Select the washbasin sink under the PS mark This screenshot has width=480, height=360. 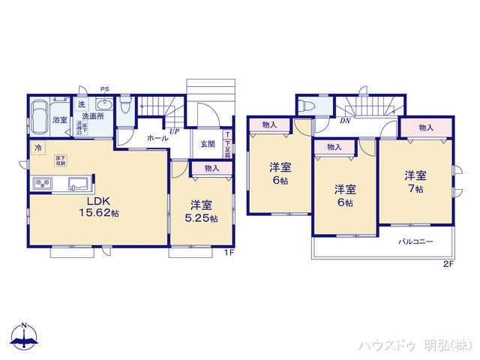point(103,106)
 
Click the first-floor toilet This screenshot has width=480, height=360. point(125,106)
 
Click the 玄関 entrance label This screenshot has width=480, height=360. point(207,144)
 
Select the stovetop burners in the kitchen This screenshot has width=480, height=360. point(41,184)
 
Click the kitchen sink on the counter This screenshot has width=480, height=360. point(77,184)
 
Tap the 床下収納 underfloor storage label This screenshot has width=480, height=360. point(60,160)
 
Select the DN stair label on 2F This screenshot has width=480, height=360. point(345,121)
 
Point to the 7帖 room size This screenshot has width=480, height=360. point(415,190)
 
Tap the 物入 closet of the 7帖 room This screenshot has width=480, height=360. point(426,128)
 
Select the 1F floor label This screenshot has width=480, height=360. point(230,253)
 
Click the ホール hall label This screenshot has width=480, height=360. point(157,139)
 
